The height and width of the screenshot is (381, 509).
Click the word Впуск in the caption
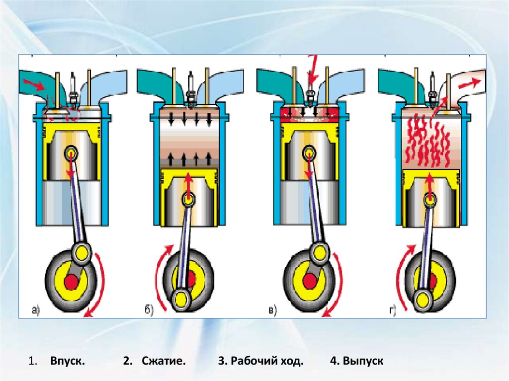point(67,361)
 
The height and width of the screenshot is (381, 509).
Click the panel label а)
point(35,311)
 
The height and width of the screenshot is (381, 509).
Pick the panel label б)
point(149,311)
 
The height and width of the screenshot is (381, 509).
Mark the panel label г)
point(393,311)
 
